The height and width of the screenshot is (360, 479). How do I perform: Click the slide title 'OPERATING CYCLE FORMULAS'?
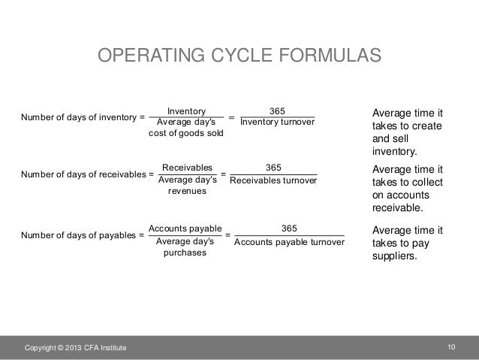click(239, 57)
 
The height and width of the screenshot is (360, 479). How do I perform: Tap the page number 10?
click(451, 346)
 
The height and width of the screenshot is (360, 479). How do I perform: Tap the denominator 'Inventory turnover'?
click(277, 123)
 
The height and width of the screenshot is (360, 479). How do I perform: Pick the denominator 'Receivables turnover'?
click(273, 181)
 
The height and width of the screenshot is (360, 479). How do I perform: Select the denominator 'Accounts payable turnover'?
click(288, 242)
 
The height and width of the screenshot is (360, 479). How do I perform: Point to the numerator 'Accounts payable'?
click(185, 228)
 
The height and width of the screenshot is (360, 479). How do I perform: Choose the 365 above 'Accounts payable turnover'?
click(289, 228)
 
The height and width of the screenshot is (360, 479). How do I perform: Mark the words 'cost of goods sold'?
click(186, 134)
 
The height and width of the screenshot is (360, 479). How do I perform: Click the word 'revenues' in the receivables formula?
click(187, 192)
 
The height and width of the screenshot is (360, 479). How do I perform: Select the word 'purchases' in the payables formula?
click(185, 253)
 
